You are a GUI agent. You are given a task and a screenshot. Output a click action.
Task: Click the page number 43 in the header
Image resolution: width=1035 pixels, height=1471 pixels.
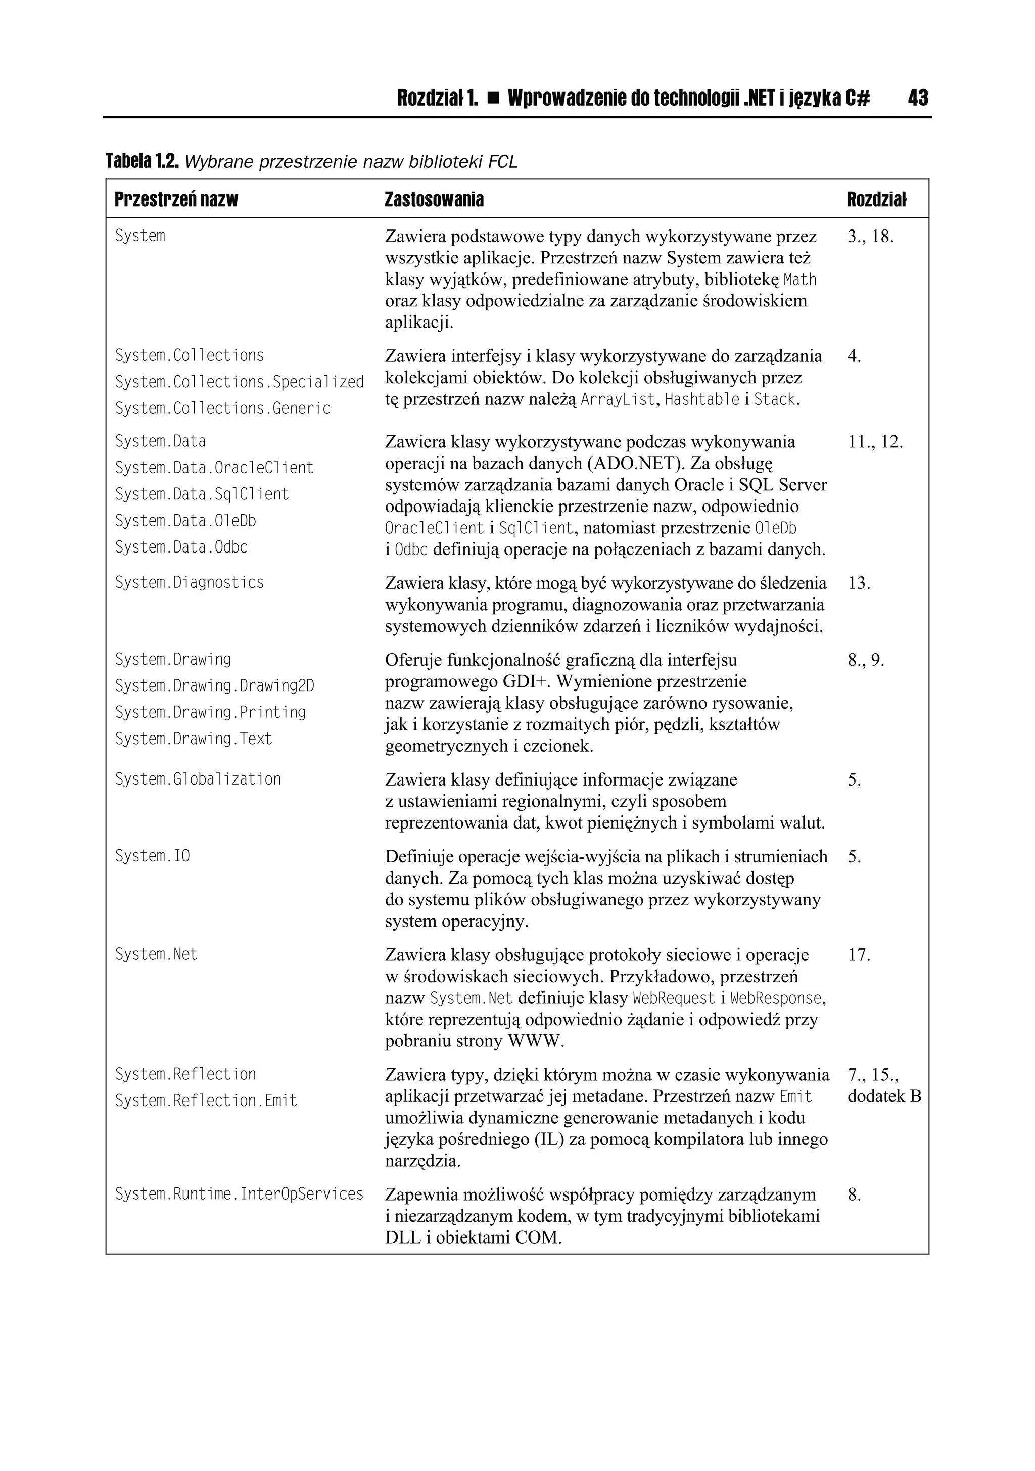(917, 98)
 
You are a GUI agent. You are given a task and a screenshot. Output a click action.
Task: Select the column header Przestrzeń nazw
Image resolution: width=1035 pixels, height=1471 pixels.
(176, 200)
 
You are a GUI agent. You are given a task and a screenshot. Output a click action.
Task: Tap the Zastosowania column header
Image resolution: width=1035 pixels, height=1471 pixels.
(434, 200)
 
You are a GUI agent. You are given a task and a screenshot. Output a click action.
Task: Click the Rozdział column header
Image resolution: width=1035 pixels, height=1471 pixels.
(876, 200)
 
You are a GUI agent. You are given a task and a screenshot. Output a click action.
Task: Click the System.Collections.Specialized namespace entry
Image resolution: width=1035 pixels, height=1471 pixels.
(239, 382)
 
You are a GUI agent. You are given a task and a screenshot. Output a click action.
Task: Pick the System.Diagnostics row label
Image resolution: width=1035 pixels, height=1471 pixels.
(189, 582)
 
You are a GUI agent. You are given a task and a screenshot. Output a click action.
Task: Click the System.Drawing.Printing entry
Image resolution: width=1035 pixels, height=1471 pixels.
(210, 712)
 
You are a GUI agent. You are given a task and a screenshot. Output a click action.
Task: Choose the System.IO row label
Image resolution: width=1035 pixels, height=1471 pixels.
(153, 856)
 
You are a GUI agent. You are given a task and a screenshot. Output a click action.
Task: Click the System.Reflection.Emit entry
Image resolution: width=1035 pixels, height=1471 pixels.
(206, 1100)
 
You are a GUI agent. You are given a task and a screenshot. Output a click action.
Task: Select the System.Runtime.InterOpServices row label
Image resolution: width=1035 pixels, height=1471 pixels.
(239, 1193)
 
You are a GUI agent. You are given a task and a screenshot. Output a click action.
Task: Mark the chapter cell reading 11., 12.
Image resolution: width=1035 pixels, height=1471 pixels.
(875, 442)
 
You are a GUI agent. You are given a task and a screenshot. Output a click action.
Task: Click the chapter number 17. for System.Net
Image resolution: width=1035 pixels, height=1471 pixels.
(859, 955)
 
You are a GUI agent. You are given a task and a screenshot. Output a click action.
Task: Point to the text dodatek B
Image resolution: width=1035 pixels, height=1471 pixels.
(884, 1096)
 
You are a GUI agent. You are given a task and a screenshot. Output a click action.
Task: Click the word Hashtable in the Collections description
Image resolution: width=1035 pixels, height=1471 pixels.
(702, 400)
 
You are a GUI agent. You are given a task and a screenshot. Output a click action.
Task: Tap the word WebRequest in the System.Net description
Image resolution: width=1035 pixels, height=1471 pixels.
(673, 998)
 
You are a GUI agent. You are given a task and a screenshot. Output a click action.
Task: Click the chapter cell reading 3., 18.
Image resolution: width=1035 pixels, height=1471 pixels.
(870, 237)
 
